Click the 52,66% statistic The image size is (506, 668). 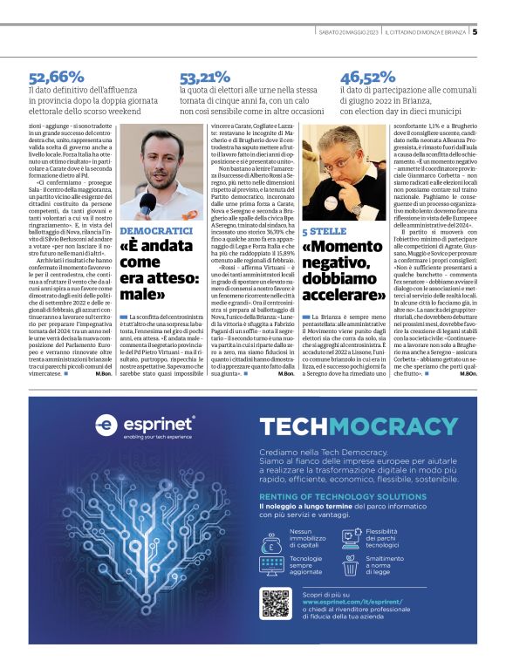(56, 77)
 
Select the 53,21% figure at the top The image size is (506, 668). (206, 77)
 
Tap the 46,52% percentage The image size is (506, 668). (367, 77)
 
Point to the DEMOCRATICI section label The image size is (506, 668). (155, 229)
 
